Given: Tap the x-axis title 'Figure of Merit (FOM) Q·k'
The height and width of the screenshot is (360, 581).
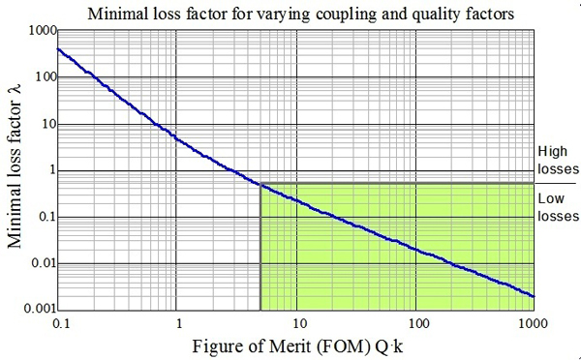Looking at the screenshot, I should click(297, 342).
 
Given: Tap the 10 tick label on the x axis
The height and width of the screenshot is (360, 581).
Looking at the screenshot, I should click(297, 320).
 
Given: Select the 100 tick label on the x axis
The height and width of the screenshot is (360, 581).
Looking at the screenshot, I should click(416, 320).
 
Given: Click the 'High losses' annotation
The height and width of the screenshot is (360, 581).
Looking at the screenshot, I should click(556, 160).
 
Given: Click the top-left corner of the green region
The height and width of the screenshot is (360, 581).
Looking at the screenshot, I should click(260, 183).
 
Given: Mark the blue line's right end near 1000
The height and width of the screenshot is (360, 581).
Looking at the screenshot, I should click(534, 296).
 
